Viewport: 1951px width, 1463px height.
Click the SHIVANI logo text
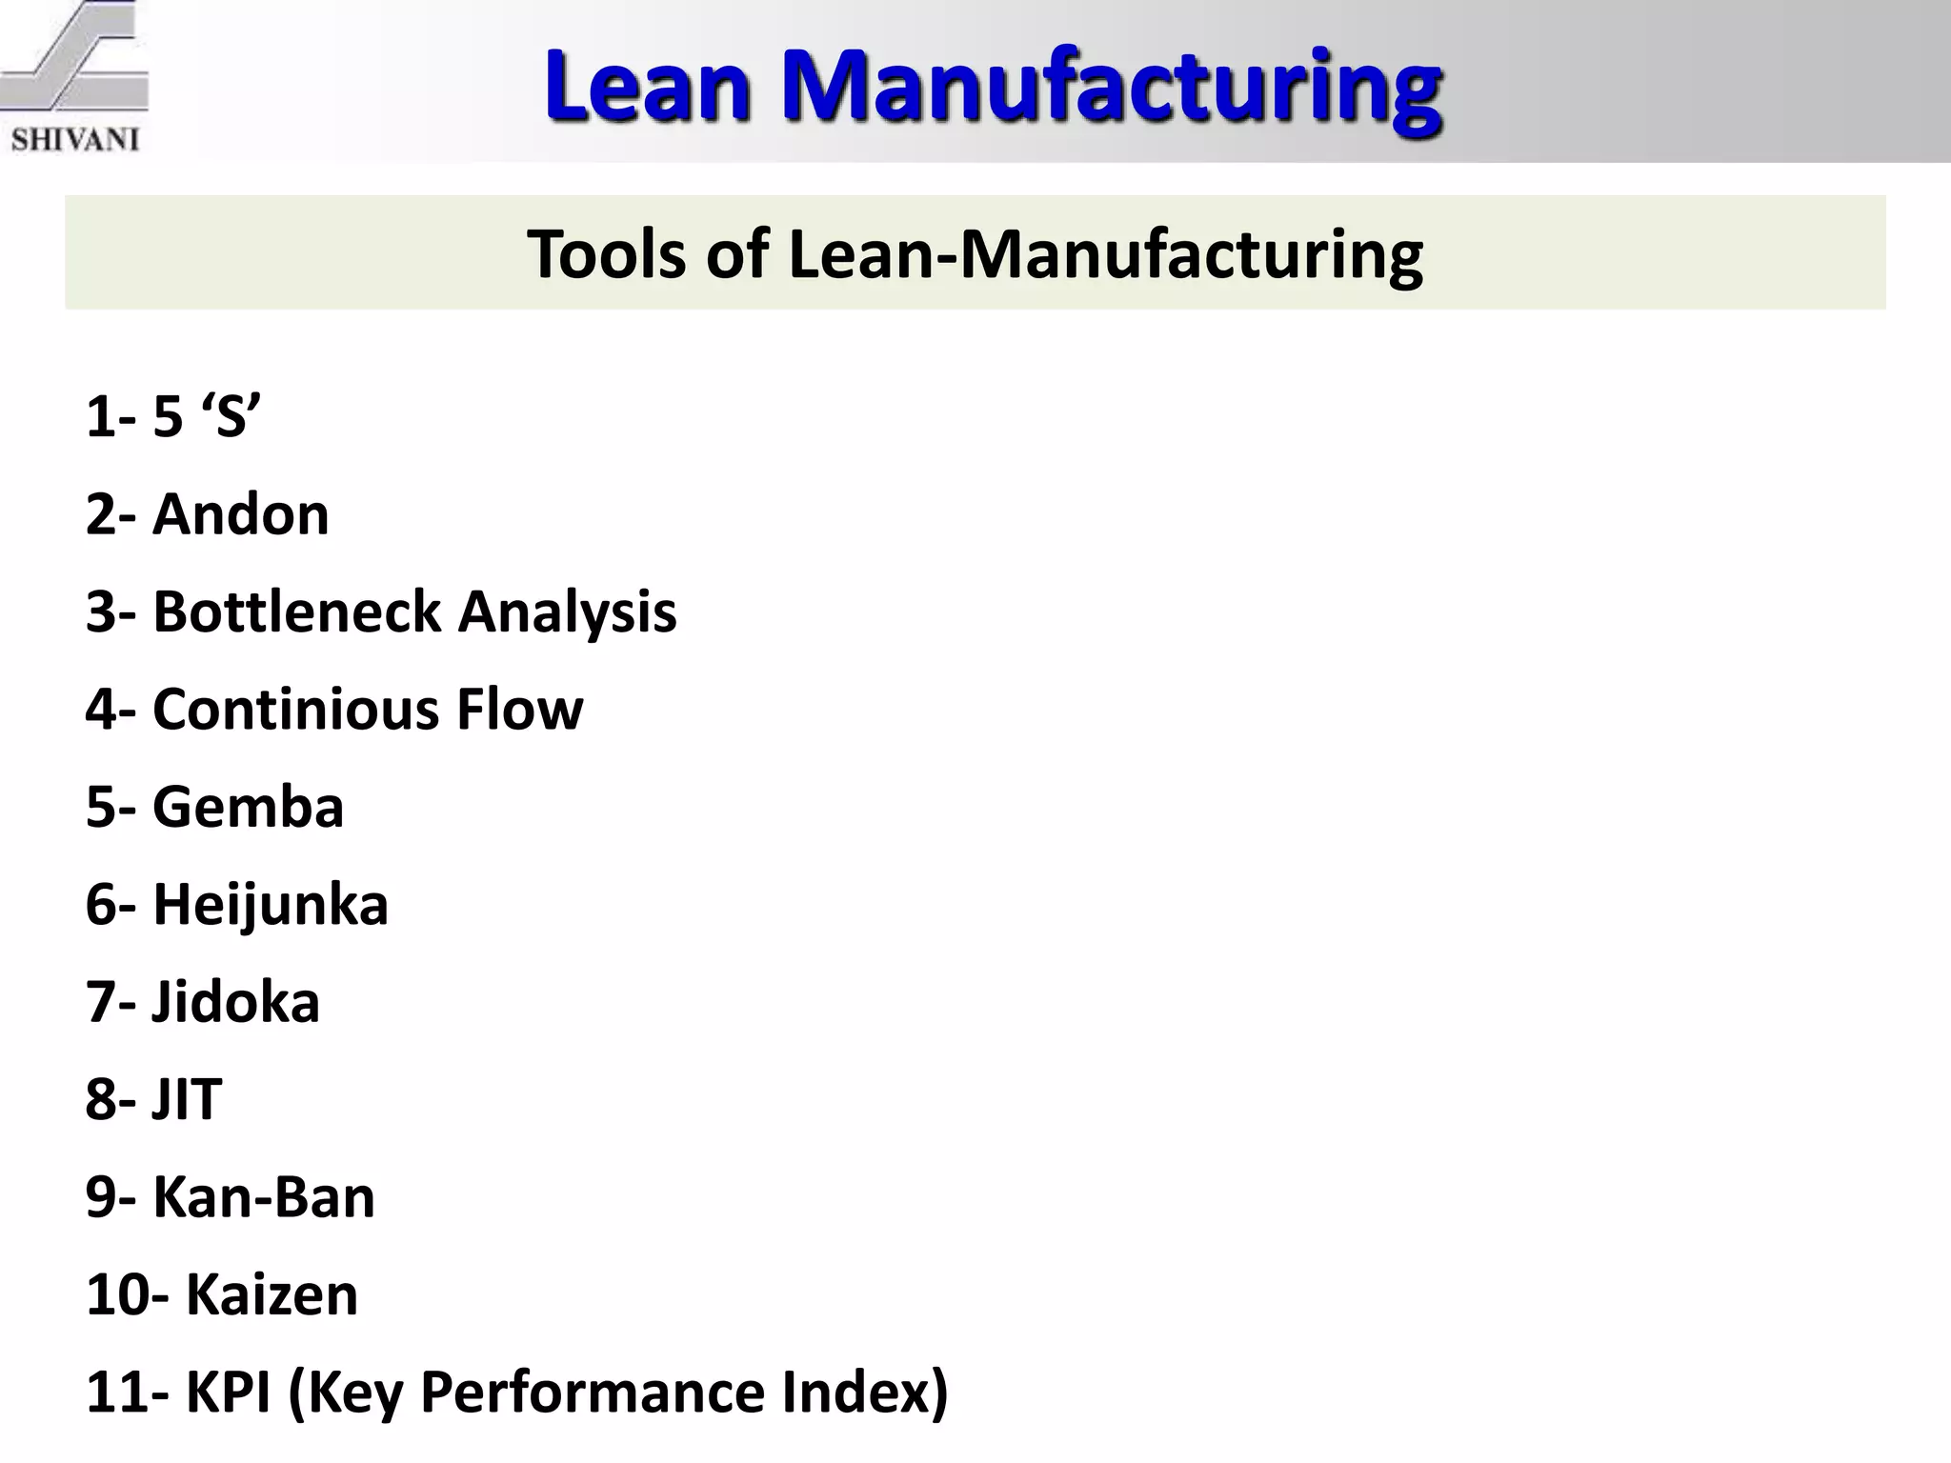[x=75, y=139]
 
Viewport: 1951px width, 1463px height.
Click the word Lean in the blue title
[x=647, y=88]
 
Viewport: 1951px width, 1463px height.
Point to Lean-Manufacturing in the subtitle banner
[x=1106, y=254]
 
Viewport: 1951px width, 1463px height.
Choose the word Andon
[x=241, y=514]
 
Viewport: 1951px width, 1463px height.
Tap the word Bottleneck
[x=296, y=611]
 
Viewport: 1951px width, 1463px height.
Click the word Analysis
[x=568, y=611]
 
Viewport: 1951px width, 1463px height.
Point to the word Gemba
[x=248, y=807]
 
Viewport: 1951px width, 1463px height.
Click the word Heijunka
[x=271, y=904]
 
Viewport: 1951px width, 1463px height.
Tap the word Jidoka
[x=235, y=1002]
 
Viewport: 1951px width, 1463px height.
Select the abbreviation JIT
[x=187, y=1099]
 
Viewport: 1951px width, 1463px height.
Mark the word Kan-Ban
[x=264, y=1197]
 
